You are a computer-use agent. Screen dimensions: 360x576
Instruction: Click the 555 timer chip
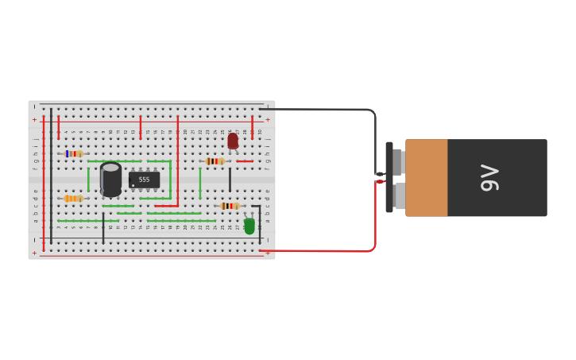pyautogui.click(x=144, y=180)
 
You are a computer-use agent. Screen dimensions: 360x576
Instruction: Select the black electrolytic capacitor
pyautogui.click(x=110, y=180)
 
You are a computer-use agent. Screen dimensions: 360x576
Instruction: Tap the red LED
pyautogui.click(x=233, y=141)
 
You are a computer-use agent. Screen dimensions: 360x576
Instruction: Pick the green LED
pyautogui.click(x=249, y=226)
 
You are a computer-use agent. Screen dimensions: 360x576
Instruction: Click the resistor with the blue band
pyautogui.click(x=73, y=153)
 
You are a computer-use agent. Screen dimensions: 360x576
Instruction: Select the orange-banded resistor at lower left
pyautogui.click(x=73, y=198)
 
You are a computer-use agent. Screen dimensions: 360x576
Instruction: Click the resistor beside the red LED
pyautogui.click(x=215, y=161)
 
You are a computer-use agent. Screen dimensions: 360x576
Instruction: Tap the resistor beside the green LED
pyautogui.click(x=230, y=206)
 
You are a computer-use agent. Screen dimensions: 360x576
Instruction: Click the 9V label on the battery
pyautogui.click(x=489, y=178)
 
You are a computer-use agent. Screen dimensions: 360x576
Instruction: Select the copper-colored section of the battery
pyautogui.click(x=427, y=178)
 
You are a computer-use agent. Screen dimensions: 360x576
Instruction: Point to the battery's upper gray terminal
pyautogui.click(x=399, y=161)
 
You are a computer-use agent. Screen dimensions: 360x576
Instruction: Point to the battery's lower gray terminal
pyautogui.click(x=399, y=195)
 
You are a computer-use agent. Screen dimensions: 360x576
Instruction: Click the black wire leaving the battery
pyautogui.click(x=334, y=110)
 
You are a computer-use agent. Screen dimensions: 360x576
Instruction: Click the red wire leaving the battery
pyautogui.click(x=334, y=251)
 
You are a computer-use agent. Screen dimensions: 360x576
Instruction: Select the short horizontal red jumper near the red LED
pyautogui.click(x=245, y=161)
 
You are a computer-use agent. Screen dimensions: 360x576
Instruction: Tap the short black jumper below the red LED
pyautogui.click(x=230, y=180)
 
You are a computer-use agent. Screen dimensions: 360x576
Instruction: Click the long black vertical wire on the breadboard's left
pyautogui.click(x=51, y=175)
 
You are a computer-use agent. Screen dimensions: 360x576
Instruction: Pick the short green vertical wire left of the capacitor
pyautogui.click(x=88, y=180)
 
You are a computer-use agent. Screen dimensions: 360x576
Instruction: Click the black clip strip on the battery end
pyautogui.click(x=389, y=177)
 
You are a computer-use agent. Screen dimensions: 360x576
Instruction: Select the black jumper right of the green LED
pyautogui.click(x=259, y=219)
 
